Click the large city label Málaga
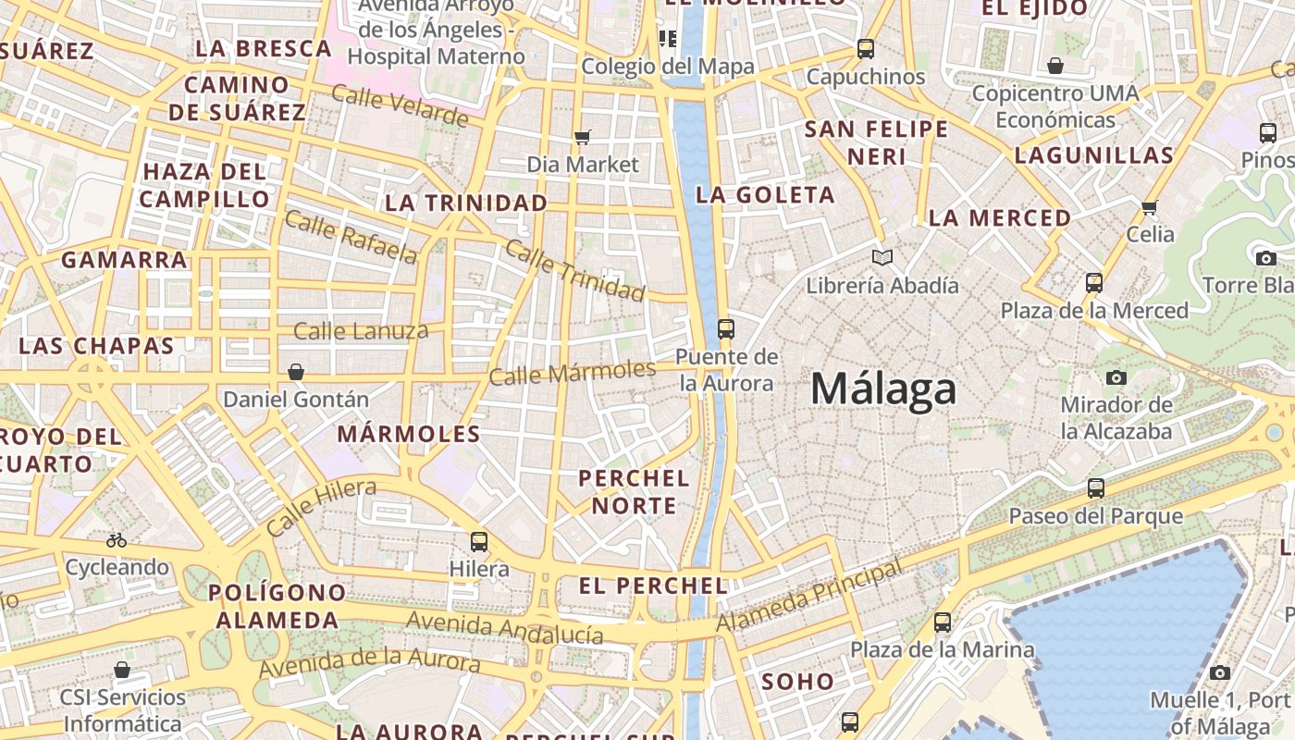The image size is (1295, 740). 883,388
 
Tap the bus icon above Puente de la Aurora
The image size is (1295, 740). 726,328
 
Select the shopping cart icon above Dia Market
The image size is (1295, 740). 582,138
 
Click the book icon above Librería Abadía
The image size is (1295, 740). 882,257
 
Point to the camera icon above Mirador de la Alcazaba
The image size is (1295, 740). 1116,377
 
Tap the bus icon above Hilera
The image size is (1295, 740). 479,542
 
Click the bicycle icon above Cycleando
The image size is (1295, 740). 117,540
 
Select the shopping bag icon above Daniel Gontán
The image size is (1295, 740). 296,372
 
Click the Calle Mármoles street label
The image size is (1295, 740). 572,373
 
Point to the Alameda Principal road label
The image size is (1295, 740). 808,596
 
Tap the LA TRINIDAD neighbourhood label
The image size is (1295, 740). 466,203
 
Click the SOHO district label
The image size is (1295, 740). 797,682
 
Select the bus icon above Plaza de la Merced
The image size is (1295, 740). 1094,283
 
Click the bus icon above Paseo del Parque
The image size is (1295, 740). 1096,487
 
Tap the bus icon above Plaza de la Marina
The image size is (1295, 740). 943,623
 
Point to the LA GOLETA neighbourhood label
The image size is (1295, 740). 765,195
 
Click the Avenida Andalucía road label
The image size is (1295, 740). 504,627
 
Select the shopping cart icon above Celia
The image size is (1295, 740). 1150,207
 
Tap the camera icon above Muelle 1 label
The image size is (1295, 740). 1220,672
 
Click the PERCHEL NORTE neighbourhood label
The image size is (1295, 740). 634,492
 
